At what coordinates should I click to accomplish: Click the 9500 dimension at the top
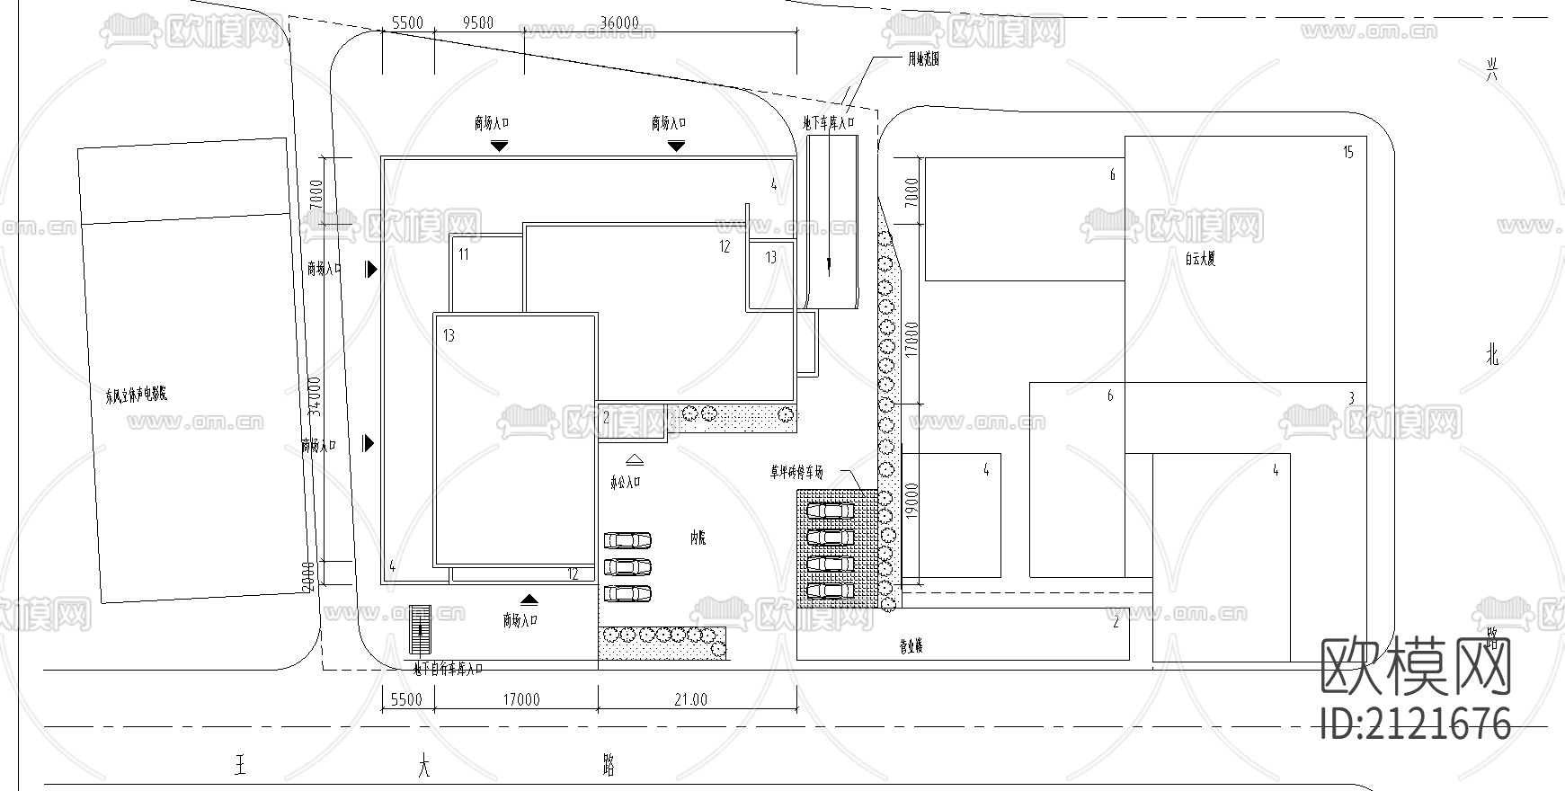point(477,22)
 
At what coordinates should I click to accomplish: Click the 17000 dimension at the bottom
point(521,699)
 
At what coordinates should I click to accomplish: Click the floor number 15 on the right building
point(1347,153)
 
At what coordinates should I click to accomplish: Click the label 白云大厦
point(1199,259)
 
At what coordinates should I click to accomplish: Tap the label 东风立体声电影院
point(137,395)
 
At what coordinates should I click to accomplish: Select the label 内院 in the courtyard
point(698,538)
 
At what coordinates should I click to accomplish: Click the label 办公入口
point(626,482)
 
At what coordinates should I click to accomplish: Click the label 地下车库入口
point(827,122)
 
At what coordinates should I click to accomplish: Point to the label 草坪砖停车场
point(807,472)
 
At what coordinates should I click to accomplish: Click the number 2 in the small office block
point(606,417)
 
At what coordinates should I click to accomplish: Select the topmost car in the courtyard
point(627,540)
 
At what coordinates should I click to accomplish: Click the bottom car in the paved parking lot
point(830,591)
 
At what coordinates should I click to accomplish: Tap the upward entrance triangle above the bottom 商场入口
point(529,599)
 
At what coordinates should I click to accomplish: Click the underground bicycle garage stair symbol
point(420,629)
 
